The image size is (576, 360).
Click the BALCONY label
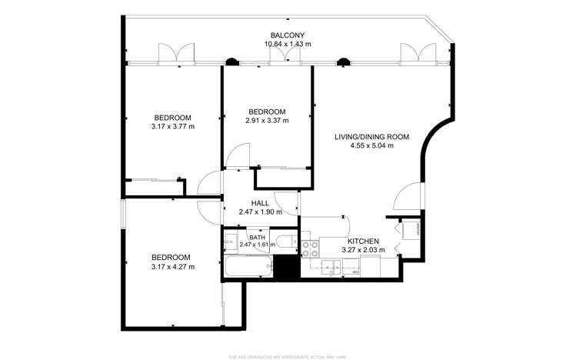click(288, 35)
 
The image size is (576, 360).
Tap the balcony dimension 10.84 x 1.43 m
click(288, 44)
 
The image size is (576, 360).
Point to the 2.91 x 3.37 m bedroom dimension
click(267, 120)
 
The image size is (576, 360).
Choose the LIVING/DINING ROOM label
click(371, 137)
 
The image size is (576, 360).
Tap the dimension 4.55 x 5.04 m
click(371, 145)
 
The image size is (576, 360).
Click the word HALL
click(260, 203)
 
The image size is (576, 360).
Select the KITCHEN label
click(365, 241)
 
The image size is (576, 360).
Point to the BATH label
click(257, 237)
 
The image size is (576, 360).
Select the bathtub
click(248, 267)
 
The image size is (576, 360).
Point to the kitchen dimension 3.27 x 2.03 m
click(365, 249)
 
